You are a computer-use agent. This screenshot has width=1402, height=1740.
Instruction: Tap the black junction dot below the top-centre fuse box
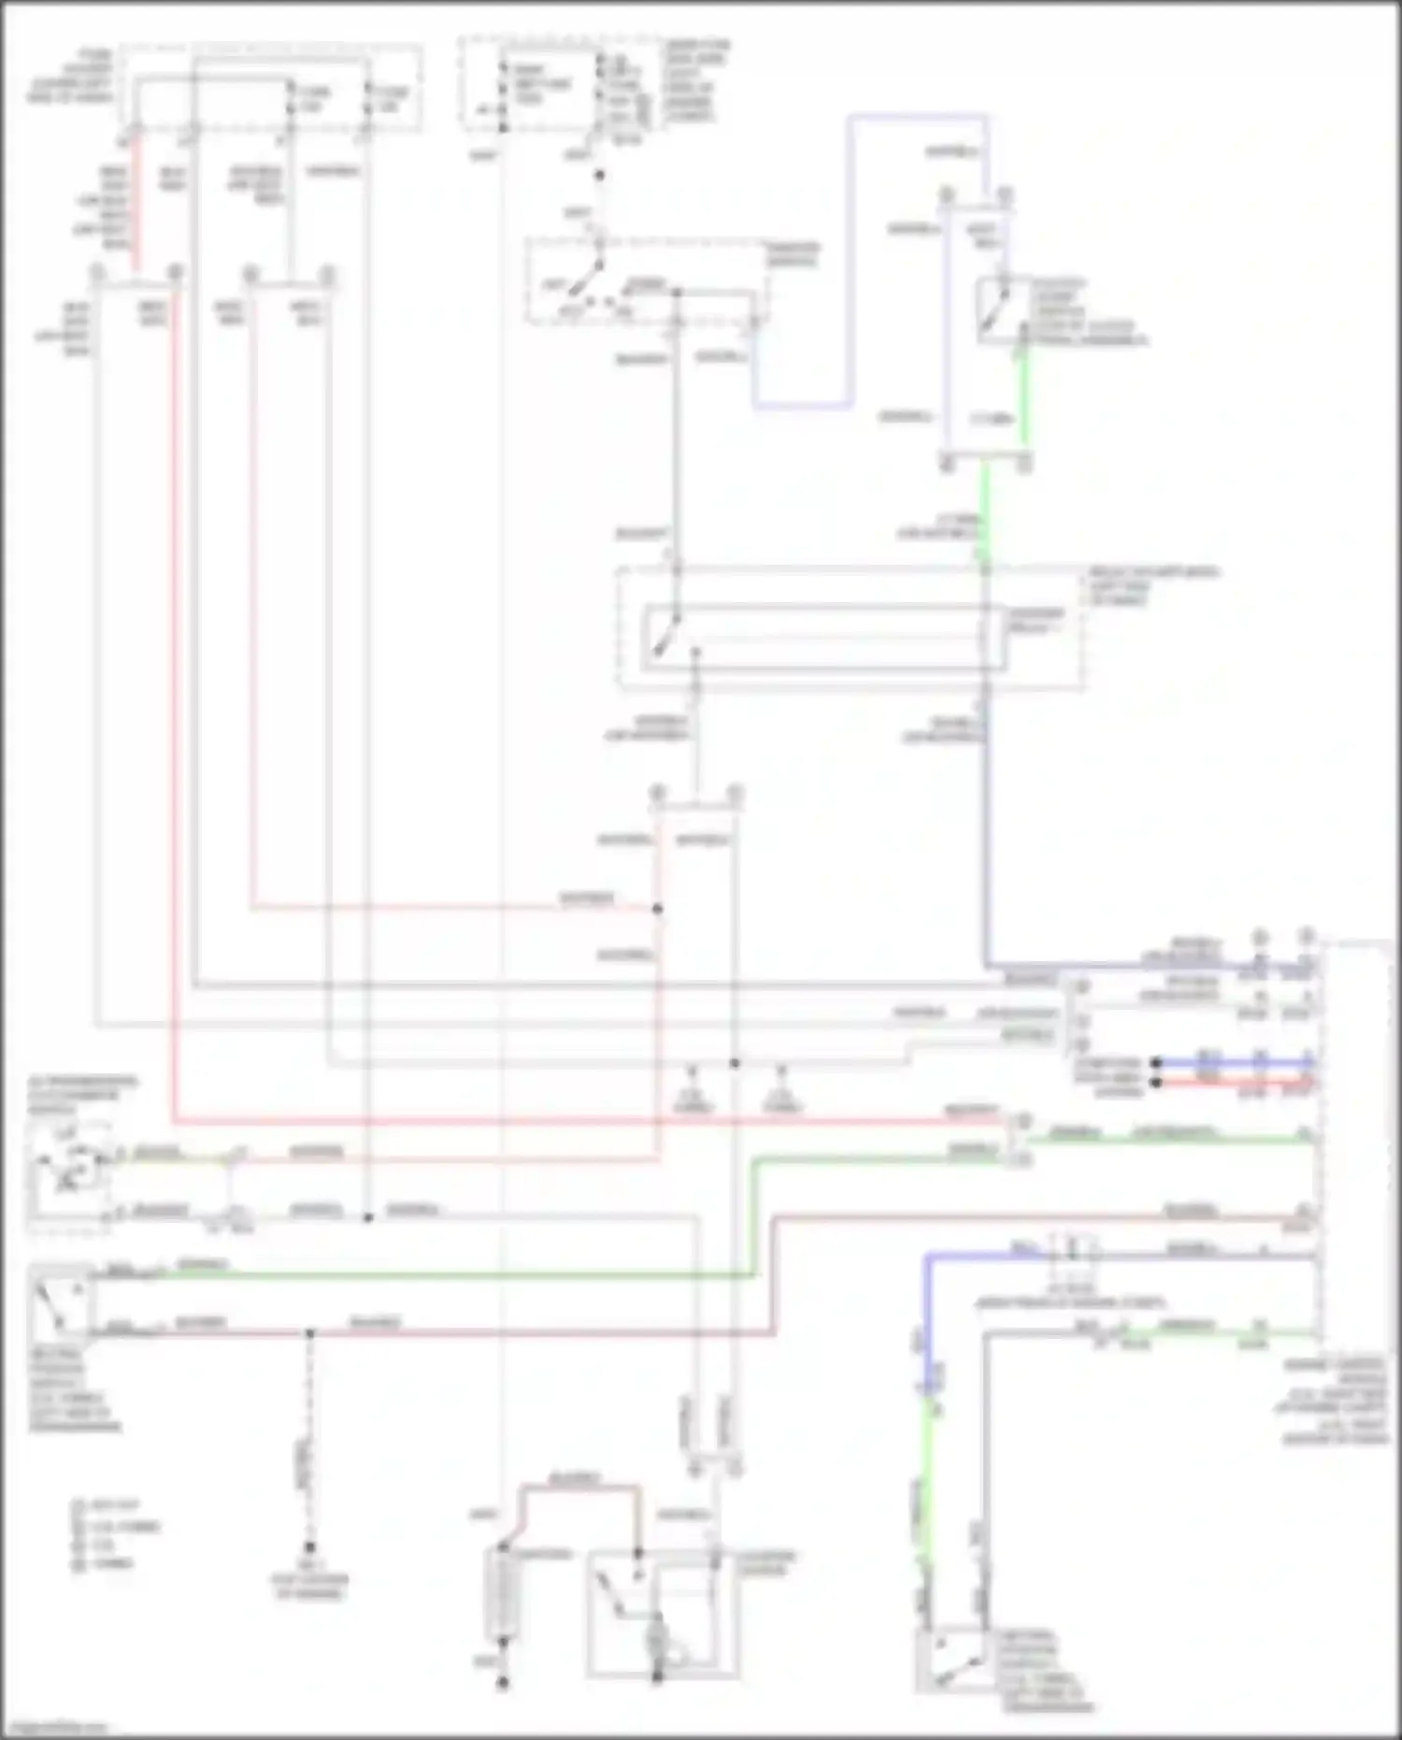point(599,175)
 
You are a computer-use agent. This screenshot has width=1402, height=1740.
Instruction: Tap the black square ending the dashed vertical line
point(309,1547)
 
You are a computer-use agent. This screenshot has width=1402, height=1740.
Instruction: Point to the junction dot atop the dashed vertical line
point(310,1332)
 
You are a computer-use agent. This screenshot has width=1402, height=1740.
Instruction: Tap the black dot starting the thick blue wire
point(1156,1063)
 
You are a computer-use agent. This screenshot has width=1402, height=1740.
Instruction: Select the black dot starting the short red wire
point(1156,1083)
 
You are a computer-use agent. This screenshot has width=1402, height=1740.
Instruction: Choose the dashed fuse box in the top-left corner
point(271,89)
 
